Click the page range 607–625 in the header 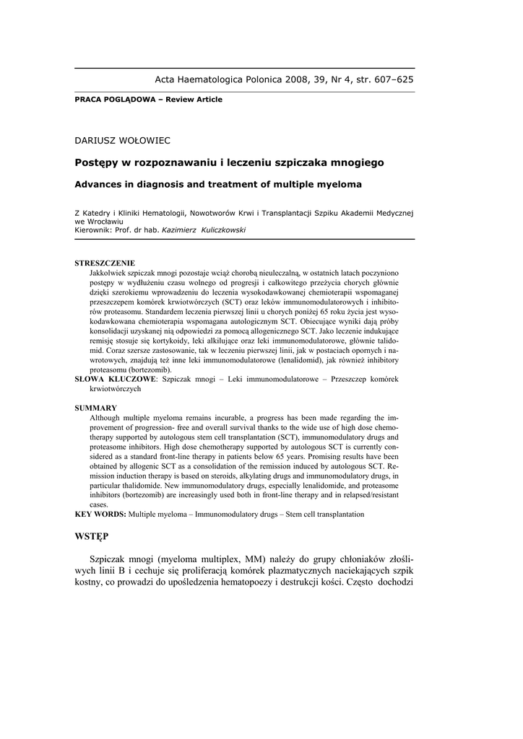[392, 79]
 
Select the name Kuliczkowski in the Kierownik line [215, 229]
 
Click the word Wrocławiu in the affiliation [105, 222]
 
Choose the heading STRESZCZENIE [105, 263]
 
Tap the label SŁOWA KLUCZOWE [116, 378]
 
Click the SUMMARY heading [96, 408]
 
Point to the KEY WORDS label [100, 515]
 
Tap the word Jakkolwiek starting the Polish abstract [109, 274]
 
